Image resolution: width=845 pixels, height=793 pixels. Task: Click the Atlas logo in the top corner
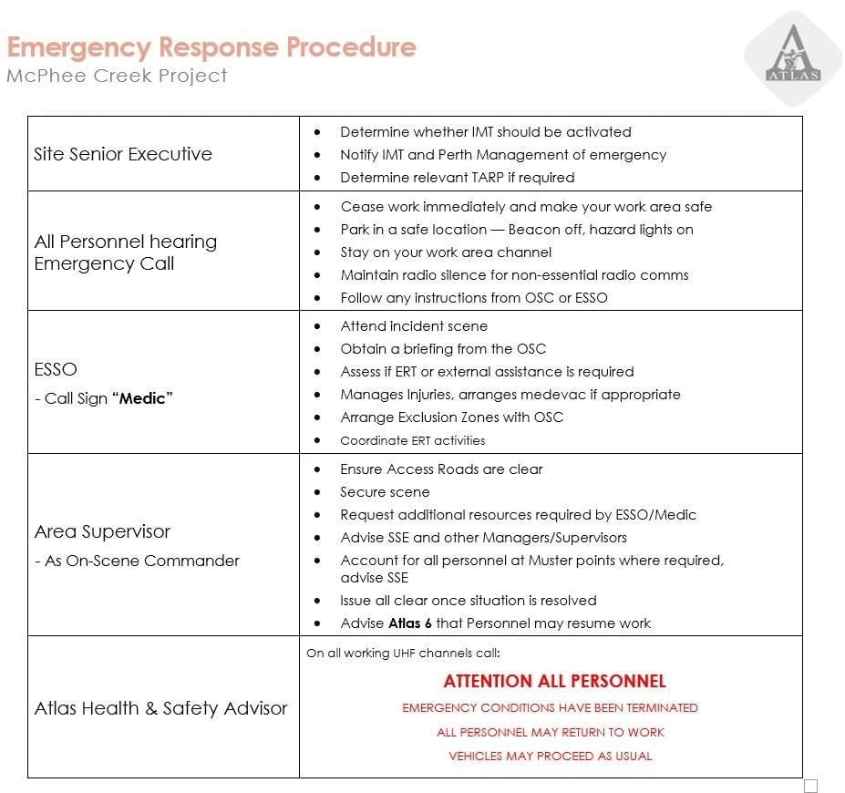click(x=792, y=57)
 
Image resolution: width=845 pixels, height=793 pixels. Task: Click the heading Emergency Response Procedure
click(x=211, y=46)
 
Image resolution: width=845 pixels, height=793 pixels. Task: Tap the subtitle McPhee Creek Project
click(x=117, y=76)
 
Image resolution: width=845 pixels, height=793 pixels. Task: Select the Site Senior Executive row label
click(x=123, y=154)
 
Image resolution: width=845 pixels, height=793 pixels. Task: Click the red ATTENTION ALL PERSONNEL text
click(x=554, y=681)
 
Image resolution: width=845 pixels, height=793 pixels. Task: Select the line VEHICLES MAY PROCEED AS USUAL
click(x=550, y=756)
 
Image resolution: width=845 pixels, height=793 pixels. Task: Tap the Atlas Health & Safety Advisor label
click(x=160, y=708)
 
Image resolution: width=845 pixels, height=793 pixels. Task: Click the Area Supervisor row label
click(x=102, y=531)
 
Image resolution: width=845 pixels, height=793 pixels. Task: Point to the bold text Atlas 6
click(x=406, y=623)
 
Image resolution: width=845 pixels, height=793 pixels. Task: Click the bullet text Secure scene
click(x=385, y=492)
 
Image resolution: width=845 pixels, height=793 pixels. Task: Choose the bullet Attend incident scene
click(x=414, y=326)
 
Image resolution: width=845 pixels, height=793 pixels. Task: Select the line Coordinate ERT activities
click(x=412, y=440)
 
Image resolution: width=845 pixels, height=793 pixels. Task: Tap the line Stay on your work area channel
click(x=446, y=252)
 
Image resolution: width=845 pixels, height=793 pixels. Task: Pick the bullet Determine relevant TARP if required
click(x=457, y=178)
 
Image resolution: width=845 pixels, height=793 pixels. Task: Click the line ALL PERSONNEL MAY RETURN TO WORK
click(x=550, y=732)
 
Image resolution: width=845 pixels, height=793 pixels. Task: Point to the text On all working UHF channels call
click(x=403, y=653)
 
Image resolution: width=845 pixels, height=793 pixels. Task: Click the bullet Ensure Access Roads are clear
click(x=441, y=469)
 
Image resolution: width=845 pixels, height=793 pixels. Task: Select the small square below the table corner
click(x=810, y=786)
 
